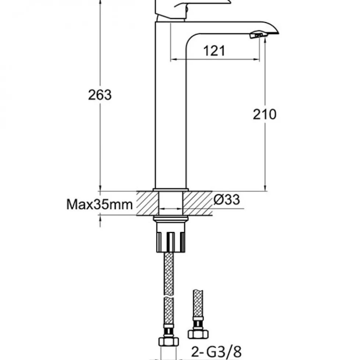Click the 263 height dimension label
click(100, 95)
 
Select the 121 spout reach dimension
click(214, 51)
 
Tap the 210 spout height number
click(264, 114)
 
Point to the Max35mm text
click(100, 204)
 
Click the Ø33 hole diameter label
click(227, 200)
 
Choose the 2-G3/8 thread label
click(216, 351)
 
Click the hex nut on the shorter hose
click(198, 334)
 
